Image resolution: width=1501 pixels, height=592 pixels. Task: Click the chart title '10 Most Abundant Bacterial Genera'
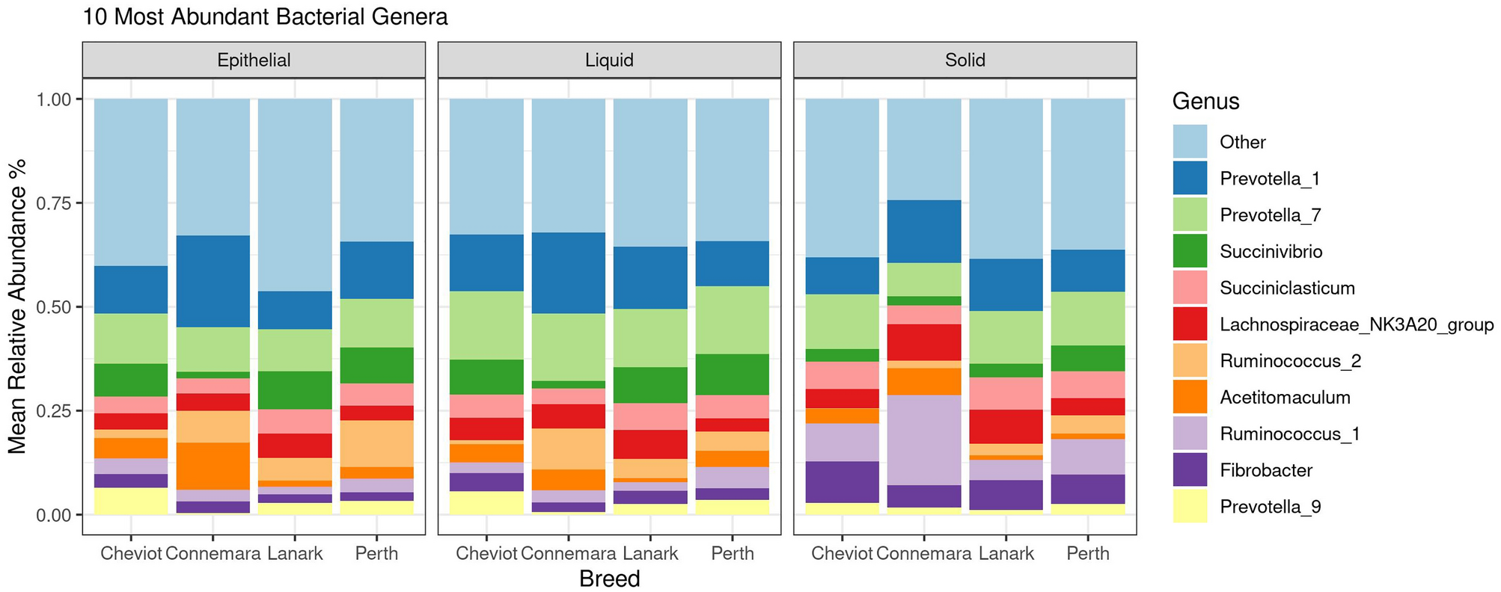pos(265,16)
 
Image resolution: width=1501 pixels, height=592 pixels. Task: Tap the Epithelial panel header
pos(254,61)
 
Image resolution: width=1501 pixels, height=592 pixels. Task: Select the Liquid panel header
pos(609,61)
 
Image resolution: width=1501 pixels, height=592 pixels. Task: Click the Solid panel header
pos(965,61)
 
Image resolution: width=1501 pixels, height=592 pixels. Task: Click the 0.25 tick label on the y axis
pos(53,411)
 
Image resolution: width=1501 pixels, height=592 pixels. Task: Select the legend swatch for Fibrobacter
pos(1190,470)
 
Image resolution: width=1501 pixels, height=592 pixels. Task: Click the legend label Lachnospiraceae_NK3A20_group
pos(1356,324)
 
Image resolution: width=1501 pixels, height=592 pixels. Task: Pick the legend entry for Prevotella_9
pos(1270,507)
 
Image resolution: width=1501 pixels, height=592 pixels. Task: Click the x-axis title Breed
pos(609,579)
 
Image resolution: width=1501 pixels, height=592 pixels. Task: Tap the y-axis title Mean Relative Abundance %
pos(17,306)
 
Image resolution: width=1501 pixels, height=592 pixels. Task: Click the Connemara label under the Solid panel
pos(923,554)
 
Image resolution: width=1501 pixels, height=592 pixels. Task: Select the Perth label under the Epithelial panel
pos(376,554)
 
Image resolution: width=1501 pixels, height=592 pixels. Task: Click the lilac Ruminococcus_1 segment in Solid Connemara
pos(923,440)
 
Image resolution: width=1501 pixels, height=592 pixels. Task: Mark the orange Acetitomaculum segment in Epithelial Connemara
pos(213,466)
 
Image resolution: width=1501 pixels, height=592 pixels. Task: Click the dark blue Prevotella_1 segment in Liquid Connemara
pos(568,273)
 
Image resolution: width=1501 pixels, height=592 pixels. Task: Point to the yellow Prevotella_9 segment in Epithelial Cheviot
pos(131,501)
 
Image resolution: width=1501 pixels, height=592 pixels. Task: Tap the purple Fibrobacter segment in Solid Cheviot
pos(842,482)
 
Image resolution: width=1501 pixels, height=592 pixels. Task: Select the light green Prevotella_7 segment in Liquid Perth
pos(732,320)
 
